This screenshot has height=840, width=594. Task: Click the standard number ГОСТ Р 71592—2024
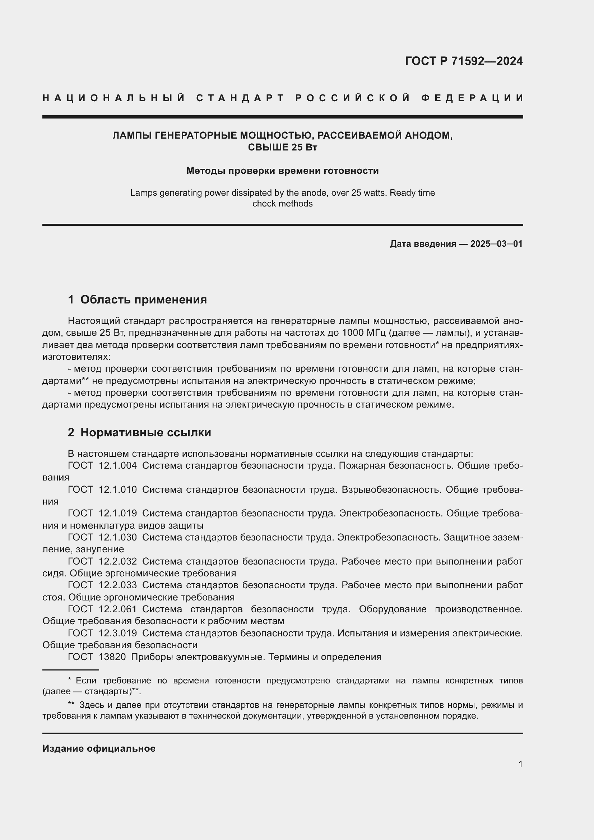463,61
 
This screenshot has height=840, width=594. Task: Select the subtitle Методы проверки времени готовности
282,171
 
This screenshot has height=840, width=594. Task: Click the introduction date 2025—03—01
496,243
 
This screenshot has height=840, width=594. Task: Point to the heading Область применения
143,300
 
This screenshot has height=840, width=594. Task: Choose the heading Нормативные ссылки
145,432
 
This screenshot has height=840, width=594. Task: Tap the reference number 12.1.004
118,466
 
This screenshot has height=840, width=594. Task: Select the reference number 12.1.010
118,489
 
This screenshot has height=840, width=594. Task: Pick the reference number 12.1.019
118,513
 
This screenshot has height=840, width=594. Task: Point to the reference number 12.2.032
118,561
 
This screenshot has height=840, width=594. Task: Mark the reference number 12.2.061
118,609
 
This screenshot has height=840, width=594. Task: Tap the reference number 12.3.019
118,633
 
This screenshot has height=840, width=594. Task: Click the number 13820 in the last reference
112,657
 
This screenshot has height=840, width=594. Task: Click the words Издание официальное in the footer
99,748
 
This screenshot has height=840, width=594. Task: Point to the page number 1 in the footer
520,764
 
